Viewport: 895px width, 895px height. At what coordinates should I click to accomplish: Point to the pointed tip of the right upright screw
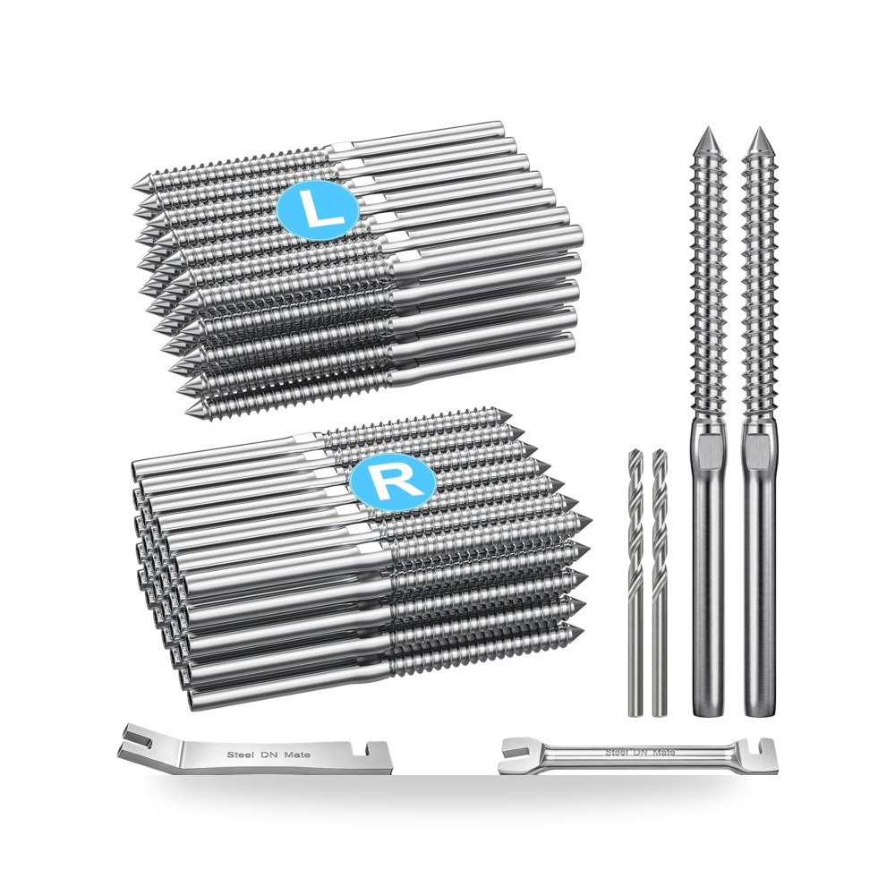click(x=759, y=128)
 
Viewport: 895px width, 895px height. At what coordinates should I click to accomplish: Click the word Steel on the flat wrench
click(x=239, y=754)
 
